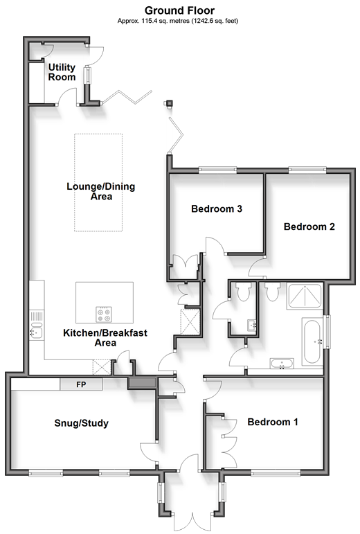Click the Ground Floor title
179,10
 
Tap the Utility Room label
62,72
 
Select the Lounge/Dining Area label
100,191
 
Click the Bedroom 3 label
217,208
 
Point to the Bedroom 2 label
309,226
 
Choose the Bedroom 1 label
273,422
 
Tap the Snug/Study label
81,423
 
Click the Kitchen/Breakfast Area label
105,337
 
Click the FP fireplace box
81,384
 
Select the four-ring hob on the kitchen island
104,314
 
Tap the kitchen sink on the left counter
36,330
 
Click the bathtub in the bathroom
312,341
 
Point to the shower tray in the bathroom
304,296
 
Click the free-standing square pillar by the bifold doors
169,103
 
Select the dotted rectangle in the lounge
98,183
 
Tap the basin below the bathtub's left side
282,363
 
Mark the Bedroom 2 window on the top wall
307,168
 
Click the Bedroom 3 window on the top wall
218,168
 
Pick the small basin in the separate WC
252,325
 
